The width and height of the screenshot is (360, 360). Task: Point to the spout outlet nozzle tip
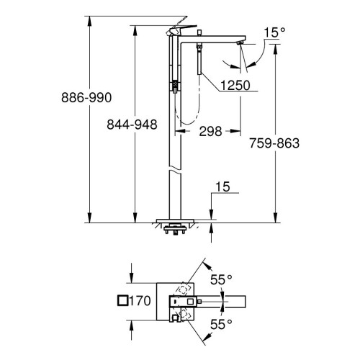point(240,44)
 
